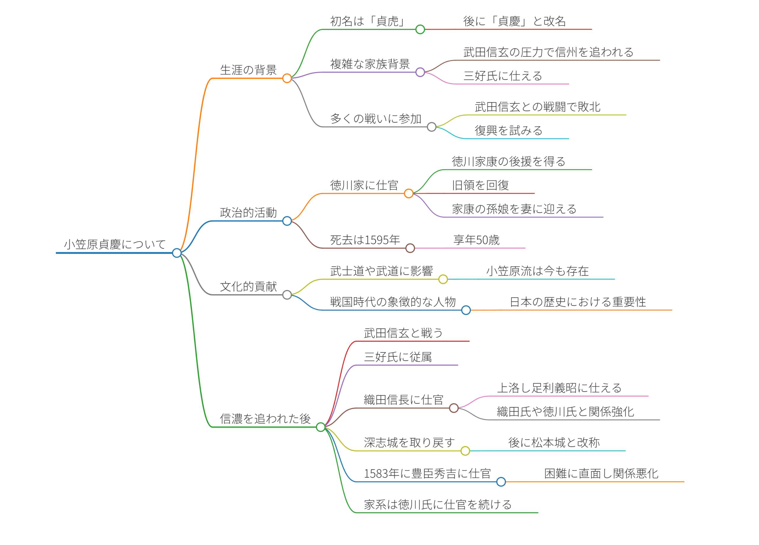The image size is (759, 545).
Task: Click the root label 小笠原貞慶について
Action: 115,244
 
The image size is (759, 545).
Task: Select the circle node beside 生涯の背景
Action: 287,78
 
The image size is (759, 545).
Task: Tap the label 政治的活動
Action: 248,213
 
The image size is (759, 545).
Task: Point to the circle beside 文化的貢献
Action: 287,295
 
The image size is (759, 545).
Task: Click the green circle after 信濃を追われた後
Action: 320,427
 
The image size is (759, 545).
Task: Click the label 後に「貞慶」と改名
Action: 514,21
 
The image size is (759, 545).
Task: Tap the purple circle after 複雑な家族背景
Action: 420,72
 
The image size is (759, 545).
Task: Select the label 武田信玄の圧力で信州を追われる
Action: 548,52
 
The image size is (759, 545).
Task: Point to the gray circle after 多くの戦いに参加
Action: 432,127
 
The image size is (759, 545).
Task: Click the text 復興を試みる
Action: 508,131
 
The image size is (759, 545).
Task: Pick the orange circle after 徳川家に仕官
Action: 409,194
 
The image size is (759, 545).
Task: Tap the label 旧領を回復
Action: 480,185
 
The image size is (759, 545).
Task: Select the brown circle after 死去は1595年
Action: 410,248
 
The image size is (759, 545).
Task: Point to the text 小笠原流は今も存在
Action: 537,271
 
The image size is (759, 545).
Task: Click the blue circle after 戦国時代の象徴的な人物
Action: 466,310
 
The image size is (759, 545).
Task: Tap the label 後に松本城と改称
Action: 554,443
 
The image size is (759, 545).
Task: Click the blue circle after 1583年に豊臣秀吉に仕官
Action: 501,482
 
